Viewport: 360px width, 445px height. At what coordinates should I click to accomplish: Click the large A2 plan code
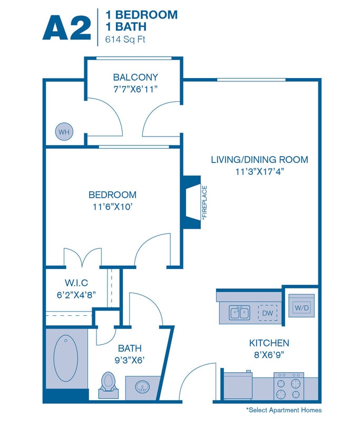pos(66,27)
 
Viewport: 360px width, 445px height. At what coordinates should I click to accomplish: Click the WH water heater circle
pos(64,132)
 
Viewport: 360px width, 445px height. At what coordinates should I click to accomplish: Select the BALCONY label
pos(135,78)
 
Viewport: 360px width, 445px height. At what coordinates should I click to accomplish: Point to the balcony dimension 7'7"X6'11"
pos(135,89)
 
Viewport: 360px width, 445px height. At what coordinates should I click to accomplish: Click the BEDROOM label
pos(112,195)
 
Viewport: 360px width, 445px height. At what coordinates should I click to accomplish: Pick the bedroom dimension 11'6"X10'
pos(112,207)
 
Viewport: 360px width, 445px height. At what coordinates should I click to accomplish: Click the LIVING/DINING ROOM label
pos(259,159)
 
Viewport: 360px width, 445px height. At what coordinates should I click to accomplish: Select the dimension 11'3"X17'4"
pos(259,171)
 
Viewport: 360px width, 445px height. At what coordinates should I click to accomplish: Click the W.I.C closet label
pos(76,283)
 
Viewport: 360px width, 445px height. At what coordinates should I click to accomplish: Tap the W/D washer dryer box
pos(301,307)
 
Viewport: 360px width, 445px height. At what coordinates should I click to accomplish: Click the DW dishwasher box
pos(267,313)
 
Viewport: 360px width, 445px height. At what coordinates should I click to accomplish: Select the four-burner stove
pos(289,386)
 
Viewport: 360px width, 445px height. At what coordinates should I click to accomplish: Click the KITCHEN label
pos(269,343)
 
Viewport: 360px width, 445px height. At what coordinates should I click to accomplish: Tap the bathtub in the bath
pos(66,359)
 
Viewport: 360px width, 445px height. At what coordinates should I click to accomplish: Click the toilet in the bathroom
pos(109,383)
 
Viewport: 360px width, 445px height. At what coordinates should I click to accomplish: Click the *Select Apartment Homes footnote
pos(284,410)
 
